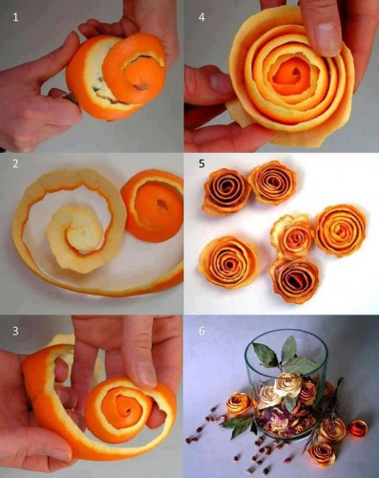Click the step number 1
(x=14, y=15)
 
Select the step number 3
(x=14, y=331)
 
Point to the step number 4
(x=200, y=15)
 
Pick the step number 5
(x=200, y=163)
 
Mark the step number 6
(x=200, y=330)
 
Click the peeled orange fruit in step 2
(x=154, y=205)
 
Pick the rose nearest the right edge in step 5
(x=341, y=229)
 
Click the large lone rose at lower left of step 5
(x=228, y=261)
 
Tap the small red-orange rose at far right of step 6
(x=359, y=428)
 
